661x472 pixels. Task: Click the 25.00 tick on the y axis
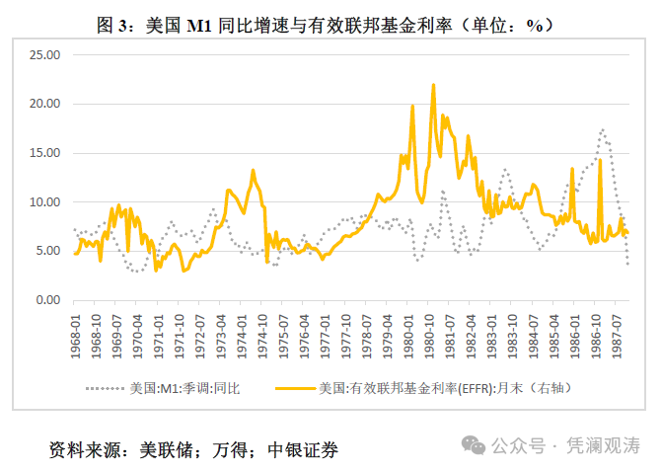pyautogui.click(x=44, y=55)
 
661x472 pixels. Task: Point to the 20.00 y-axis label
pyautogui.click(x=44, y=104)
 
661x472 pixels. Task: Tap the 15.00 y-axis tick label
pyautogui.click(x=44, y=153)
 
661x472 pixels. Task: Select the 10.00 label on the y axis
pyautogui.click(x=44, y=202)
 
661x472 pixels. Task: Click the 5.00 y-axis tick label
pyautogui.click(x=47, y=251)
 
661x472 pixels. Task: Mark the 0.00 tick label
pyautogui.click(x=47, y=300)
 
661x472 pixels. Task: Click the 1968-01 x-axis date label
pyautogui.click(x=75, y=337)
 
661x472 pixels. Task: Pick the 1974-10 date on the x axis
pyautogui.click(x=263, y=337)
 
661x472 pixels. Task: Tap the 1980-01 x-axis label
pyautogui.click(x=408, y=337)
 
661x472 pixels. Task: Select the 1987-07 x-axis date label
pyautogui.click(x=618, y=337)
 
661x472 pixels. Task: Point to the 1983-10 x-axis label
pyautogui.click(x=513, y=337)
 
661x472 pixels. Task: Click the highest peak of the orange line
pyautogui.click(x=433, y=85)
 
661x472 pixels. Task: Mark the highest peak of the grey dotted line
pyautogui.click(x=603, y=129)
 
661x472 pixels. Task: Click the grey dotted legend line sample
pyautogui.click(x=105, y=388)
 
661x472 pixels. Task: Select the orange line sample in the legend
pyautogui.click(x=296, y=388)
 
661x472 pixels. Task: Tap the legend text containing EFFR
pyautogui.click(x=445, y=388)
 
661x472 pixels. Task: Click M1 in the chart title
pyautogui.click(x=199, y=26)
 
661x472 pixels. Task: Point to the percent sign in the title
pyautogui.click(x=535, y=26)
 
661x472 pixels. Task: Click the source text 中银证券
pyautogui.click(x=303, y=450)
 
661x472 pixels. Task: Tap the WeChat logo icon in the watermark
pyautogui.click(x=474, y=445)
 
